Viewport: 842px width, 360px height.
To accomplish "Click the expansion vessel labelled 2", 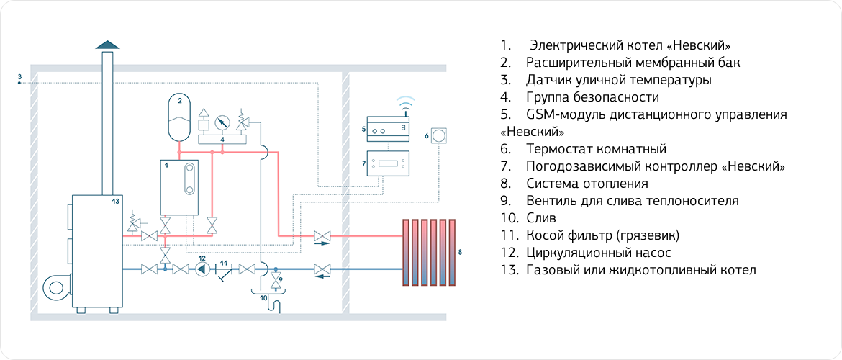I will [x=180, y=119].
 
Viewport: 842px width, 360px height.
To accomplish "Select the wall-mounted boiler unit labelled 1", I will [x=179, y=187].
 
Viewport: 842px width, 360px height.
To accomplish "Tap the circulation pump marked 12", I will [x=202, y=269].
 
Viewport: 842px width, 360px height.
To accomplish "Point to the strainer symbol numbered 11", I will [x=224, y=271].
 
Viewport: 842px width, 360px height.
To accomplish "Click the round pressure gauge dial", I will [x=222, y=119].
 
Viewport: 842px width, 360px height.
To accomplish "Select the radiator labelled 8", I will [x=430, y=252].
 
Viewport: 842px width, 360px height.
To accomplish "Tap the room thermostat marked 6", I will [x=440, y=135].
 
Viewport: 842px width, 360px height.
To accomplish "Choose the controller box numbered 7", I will [x=388, y=163].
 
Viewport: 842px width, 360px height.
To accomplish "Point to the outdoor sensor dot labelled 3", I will [x=19, y=84].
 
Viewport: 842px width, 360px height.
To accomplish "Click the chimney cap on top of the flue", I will [x=107, y=45].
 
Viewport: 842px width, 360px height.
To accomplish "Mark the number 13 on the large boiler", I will [x=115, y=202].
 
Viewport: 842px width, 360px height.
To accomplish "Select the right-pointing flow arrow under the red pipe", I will [x=322, y=244].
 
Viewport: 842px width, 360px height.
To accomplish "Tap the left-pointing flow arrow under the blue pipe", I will [x=322, y=276].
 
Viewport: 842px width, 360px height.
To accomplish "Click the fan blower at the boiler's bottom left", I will [x=58, y=289].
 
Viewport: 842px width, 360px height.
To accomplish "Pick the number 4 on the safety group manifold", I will [x=223, y=139].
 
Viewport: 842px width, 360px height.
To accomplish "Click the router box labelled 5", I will [x=388, y=127].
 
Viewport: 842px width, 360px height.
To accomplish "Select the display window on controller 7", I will [x=388, y=162].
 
